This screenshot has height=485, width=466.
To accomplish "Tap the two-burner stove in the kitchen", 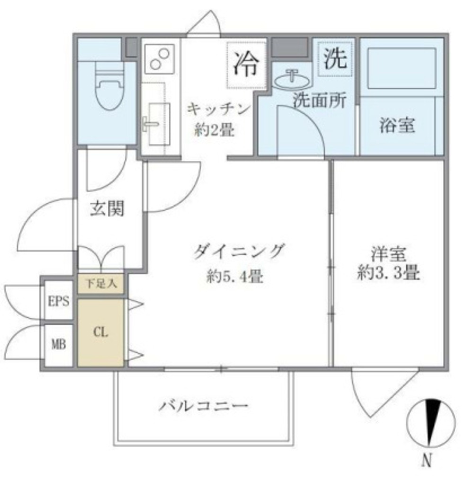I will pos(159,58).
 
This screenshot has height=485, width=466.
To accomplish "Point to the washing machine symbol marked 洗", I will pos(335,58).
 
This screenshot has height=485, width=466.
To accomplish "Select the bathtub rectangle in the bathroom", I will pos(401,69).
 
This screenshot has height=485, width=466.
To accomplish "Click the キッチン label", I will pos(217,109).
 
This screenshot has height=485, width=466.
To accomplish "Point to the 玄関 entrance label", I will pos(107,208).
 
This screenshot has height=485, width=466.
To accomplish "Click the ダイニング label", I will pos(238,251).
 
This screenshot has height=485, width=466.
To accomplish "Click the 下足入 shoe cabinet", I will pos(101,285).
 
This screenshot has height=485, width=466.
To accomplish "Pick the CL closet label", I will pos(100,332).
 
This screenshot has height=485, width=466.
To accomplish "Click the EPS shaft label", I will pos(59,301).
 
